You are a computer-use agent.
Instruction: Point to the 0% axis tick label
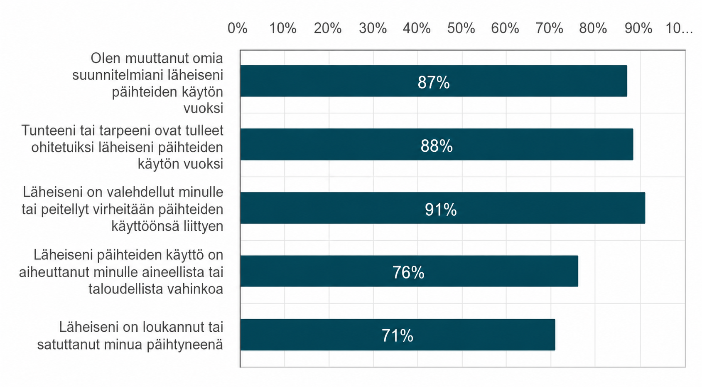(237, 28)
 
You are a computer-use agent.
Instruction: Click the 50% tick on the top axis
(461, 28)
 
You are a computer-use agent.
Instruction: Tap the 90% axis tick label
(638, 28)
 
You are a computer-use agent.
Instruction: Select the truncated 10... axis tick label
(679, 28)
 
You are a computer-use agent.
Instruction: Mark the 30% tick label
(373, 28)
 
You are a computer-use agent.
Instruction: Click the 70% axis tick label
(549, 28)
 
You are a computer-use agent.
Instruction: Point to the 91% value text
(441, 210)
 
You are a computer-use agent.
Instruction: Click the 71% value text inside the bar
(397, 336)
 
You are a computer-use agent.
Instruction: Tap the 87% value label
(434, 83)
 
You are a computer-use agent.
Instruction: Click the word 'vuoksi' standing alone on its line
(203, 108)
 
